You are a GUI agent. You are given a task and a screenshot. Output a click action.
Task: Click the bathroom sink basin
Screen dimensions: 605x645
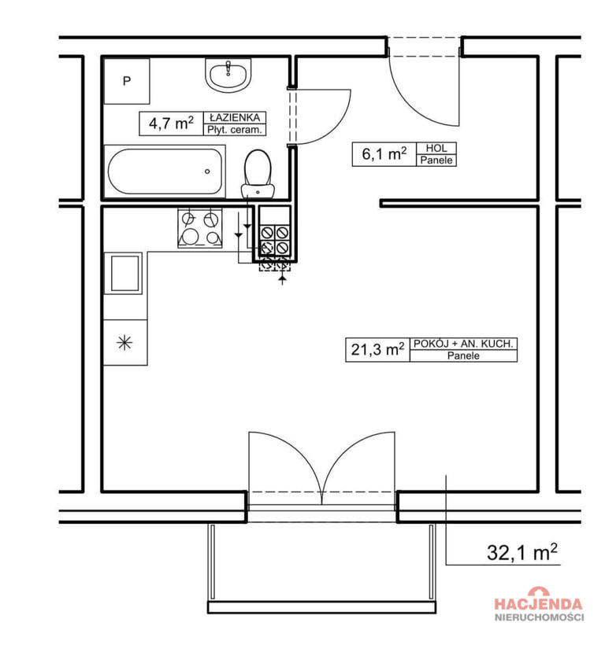tap(228, 75)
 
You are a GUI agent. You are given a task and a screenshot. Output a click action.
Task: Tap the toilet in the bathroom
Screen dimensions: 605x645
tap(258, 175)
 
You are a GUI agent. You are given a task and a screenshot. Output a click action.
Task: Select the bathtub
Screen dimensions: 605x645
tap(165, 171)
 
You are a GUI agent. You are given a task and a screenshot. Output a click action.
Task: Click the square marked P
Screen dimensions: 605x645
tap(127, 81)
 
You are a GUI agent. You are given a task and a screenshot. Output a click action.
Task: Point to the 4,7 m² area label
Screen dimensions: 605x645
tap(171, 123)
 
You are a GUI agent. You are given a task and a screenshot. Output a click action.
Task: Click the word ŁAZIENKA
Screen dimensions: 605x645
tap(235, 118)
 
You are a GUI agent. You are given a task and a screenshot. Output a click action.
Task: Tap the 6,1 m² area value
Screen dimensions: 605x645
tap(384, 154)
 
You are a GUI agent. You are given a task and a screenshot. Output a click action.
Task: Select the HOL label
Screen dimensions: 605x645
tap(436, 148)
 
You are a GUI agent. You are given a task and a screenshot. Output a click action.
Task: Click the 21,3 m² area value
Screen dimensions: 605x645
tap(377, 350)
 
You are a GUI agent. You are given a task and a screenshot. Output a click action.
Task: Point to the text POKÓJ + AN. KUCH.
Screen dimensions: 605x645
tap(463, 344)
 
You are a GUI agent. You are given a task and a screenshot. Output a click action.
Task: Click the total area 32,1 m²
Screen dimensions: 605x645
tap(522, 552)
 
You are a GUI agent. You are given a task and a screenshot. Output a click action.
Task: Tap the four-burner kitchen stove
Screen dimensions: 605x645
tap(200, 228)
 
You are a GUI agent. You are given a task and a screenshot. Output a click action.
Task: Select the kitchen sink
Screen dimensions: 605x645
tap(123, 273)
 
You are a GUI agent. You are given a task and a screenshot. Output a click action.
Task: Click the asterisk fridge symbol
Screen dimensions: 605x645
tap(124, 342)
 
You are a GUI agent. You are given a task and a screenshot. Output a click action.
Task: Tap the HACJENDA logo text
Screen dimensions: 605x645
tap(539, 604)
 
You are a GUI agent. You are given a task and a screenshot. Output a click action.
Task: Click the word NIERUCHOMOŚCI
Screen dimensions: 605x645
tap(539, 617)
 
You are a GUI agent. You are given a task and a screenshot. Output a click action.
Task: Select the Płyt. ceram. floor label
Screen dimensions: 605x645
tap(234, 130)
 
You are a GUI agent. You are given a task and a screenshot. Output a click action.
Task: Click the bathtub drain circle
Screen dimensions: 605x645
tap(207, 171)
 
